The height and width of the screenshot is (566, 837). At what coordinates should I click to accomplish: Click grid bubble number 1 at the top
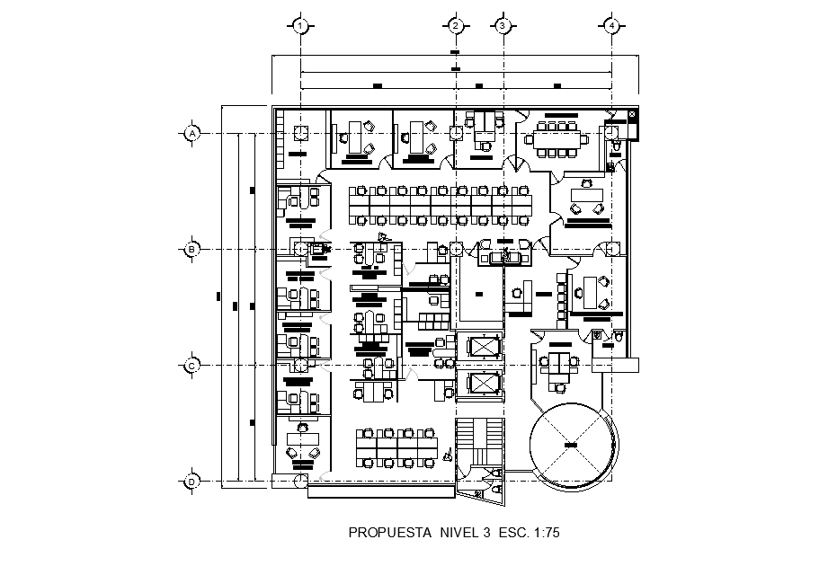(302, 26)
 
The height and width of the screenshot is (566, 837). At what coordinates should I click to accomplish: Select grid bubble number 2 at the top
(456, 26)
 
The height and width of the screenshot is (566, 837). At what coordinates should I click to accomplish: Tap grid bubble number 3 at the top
(503, 26)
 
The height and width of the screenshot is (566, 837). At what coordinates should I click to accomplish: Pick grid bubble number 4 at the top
(612, 26)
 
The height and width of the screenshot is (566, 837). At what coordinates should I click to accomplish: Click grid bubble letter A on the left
(191, 133)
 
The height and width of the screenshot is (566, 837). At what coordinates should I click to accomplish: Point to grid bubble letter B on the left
(191, 249)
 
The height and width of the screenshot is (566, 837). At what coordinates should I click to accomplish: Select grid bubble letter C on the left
(191, 366)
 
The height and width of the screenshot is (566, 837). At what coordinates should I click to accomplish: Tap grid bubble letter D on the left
(191, 482)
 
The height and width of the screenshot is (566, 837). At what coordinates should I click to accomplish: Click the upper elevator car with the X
(483, 347)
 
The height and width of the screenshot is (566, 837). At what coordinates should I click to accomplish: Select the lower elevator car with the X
(483, 384)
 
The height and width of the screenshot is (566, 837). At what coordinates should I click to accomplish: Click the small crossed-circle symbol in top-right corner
(632, 115)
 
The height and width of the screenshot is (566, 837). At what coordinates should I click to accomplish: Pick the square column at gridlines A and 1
(302, 133)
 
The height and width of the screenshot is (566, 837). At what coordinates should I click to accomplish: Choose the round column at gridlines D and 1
(299, 482)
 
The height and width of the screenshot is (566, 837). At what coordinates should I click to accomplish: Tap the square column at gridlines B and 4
(612, 249)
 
